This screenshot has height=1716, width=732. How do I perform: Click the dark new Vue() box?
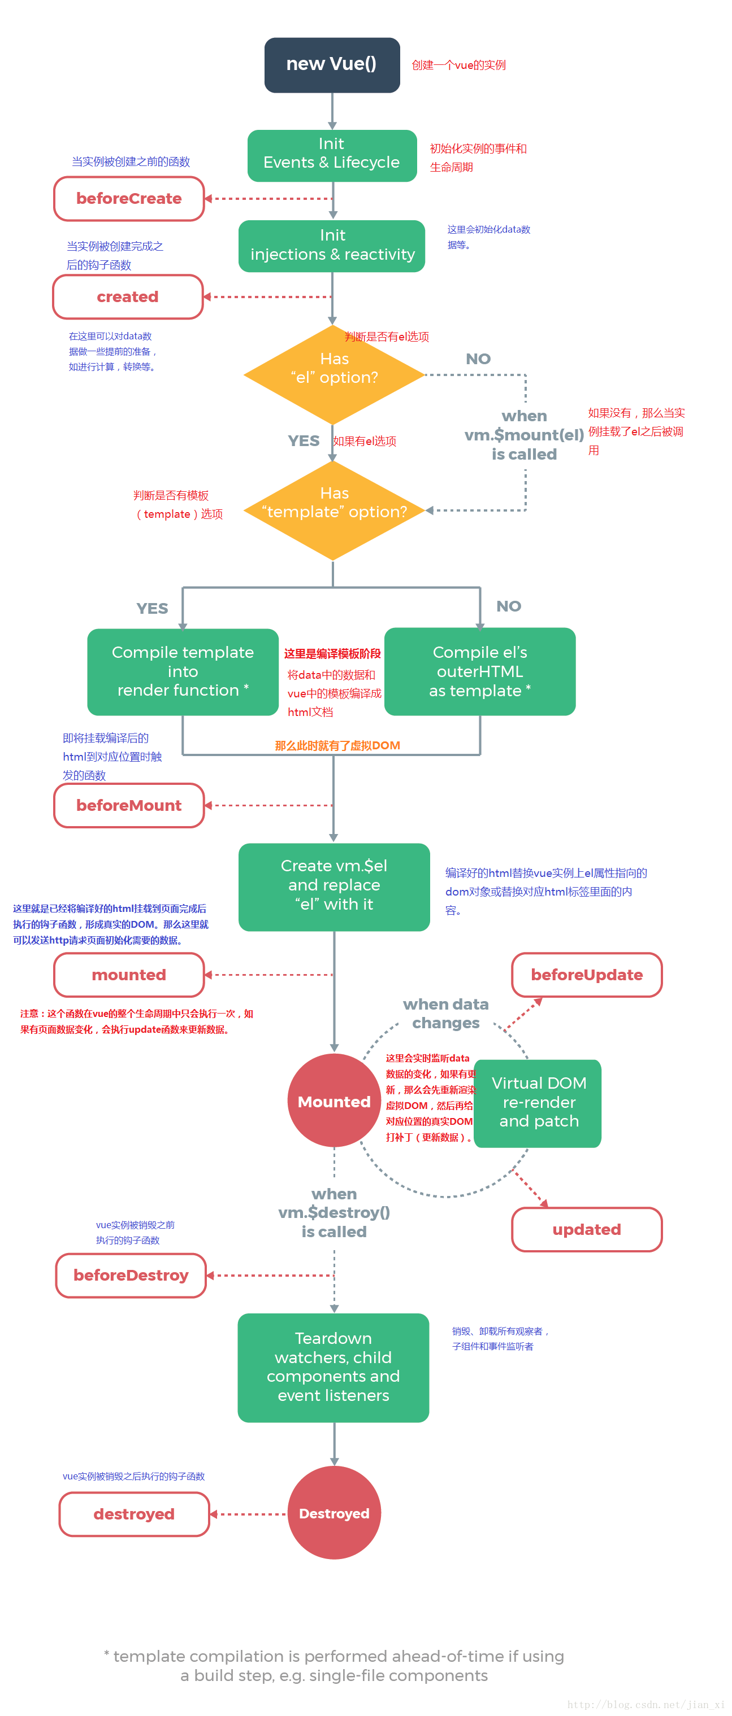(332, 64)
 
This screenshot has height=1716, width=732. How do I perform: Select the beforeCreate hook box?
(129, 199)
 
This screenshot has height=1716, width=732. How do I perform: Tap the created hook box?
(127, 296)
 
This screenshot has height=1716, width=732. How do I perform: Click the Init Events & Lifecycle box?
(332, 155)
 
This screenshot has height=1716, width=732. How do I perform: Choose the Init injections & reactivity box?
(332, 246)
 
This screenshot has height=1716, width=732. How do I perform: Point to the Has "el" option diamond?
(334, 374)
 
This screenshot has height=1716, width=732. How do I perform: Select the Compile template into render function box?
(183, 671)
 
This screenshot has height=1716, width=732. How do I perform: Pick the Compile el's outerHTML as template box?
(479, 671)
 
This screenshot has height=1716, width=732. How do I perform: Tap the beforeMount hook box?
(129, 805)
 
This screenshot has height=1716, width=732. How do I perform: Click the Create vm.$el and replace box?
(334, 886)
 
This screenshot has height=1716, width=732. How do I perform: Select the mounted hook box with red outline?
(129, 975)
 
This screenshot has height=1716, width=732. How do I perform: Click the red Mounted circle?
(334, 1101)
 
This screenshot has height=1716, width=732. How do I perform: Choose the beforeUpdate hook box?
(587, 975)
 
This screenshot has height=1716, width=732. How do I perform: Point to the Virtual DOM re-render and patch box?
(538, 1102)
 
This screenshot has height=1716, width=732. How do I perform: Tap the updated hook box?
(587, 1229)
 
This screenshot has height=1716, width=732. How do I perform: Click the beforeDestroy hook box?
(131, 1275)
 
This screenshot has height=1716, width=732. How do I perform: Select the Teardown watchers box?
(333, 1367)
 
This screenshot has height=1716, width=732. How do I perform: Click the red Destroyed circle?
(334, 1513)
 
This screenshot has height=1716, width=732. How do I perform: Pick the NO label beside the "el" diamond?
(478, 359)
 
